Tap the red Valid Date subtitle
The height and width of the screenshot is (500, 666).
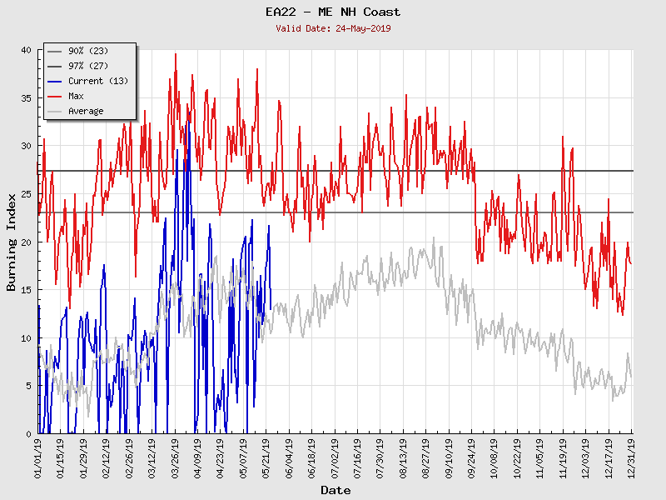(x=333, y=28)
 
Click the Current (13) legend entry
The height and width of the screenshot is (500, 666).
(x=97, y=82)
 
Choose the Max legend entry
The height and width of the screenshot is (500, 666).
(x=76, y=97)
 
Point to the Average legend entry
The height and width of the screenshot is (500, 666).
(x=86, y=112)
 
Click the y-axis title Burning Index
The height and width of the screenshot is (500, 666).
(x=12, y=242)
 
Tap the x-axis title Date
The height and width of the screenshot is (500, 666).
(x=335, y=490)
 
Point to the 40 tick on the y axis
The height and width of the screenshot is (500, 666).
(x=26, y=50)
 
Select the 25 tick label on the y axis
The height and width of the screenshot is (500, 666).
(x=26, y=194)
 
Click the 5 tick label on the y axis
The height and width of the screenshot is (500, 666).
(x=28, y=386)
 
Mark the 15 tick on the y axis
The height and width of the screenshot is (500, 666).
(x=26, y=290)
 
